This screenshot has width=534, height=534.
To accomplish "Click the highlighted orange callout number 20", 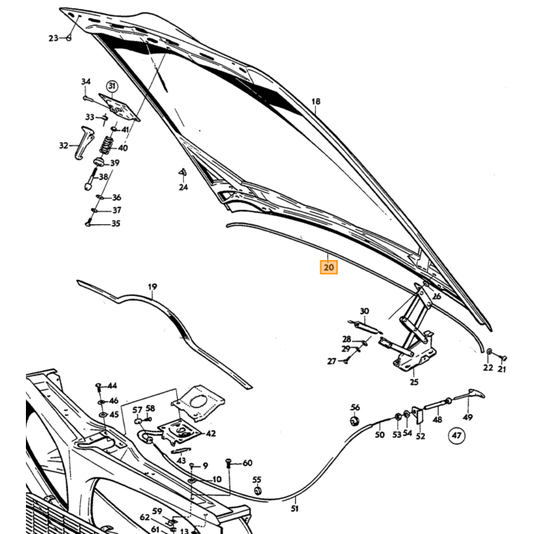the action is pos(329,267).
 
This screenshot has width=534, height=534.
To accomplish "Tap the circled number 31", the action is pos(112,86).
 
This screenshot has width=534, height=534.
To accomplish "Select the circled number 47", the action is pos(456,436).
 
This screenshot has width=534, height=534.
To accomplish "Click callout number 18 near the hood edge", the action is pos(316,101).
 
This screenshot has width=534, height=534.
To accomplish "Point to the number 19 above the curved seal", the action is pos(153,287).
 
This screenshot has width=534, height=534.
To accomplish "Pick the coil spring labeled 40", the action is pos(107,145).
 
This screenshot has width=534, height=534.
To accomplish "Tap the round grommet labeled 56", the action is pos(355,421).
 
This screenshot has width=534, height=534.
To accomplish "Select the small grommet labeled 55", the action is pos(258,491).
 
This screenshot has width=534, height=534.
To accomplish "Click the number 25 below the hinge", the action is pos(413,382).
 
